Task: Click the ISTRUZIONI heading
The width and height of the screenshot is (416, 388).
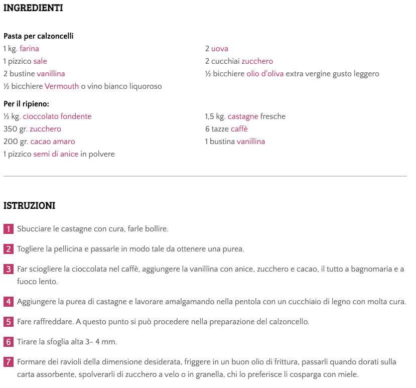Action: [x=29, y=206]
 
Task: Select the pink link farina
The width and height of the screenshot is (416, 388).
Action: [x=29, y=49]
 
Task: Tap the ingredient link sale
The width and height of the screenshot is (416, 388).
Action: [x=40, y=61]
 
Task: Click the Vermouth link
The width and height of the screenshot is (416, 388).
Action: [x=62, y=86]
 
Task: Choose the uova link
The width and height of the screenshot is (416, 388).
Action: [x=220, y=49]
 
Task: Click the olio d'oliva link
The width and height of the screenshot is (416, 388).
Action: [x=265, y=74]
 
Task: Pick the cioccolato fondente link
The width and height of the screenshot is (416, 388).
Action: [x=57, y=116]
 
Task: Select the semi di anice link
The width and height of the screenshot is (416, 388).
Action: [x=56, y=154]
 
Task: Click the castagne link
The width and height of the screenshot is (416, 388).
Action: [x=243, y=116]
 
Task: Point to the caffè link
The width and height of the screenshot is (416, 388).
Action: [x=239, y=129]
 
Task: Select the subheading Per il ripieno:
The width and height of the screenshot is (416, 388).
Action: [x=26, y=104]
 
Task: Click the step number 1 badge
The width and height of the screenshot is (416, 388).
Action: [x=9, y=229]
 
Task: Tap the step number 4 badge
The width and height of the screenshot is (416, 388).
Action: [x=9, y=302]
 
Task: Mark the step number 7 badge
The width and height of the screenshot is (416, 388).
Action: [x=9, y=362]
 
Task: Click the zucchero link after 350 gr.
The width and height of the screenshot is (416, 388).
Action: [x=45, y=129]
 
